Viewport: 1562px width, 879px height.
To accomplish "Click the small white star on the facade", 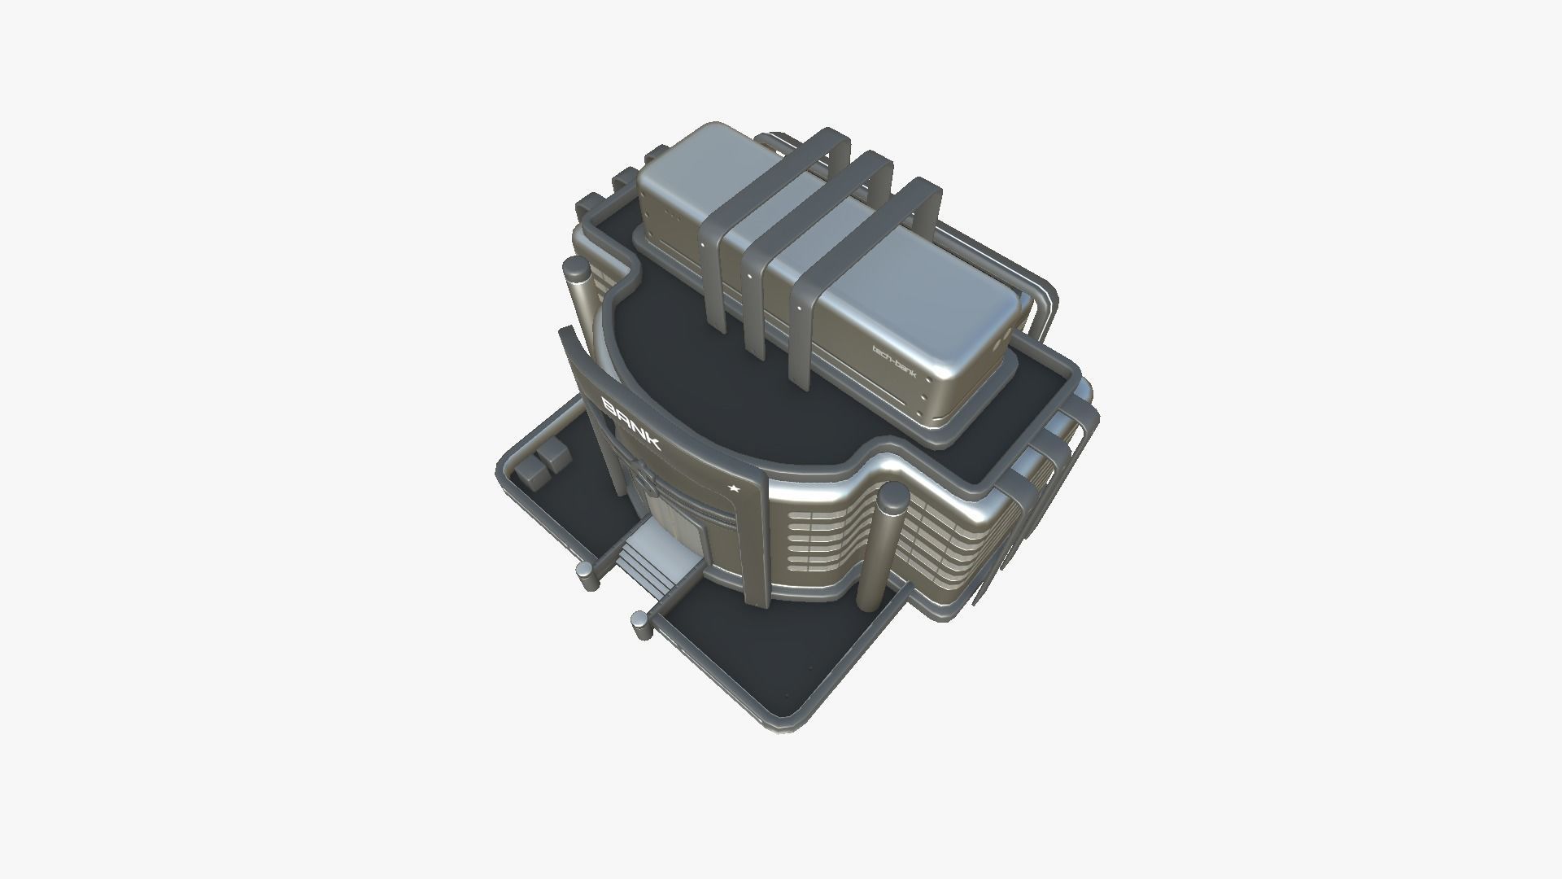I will (734, 488).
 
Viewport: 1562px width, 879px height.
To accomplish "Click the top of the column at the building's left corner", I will (577, 268).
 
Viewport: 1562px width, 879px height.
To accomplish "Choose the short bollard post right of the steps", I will (642, 625).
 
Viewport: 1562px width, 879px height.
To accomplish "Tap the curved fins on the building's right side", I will (1058, 456).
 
